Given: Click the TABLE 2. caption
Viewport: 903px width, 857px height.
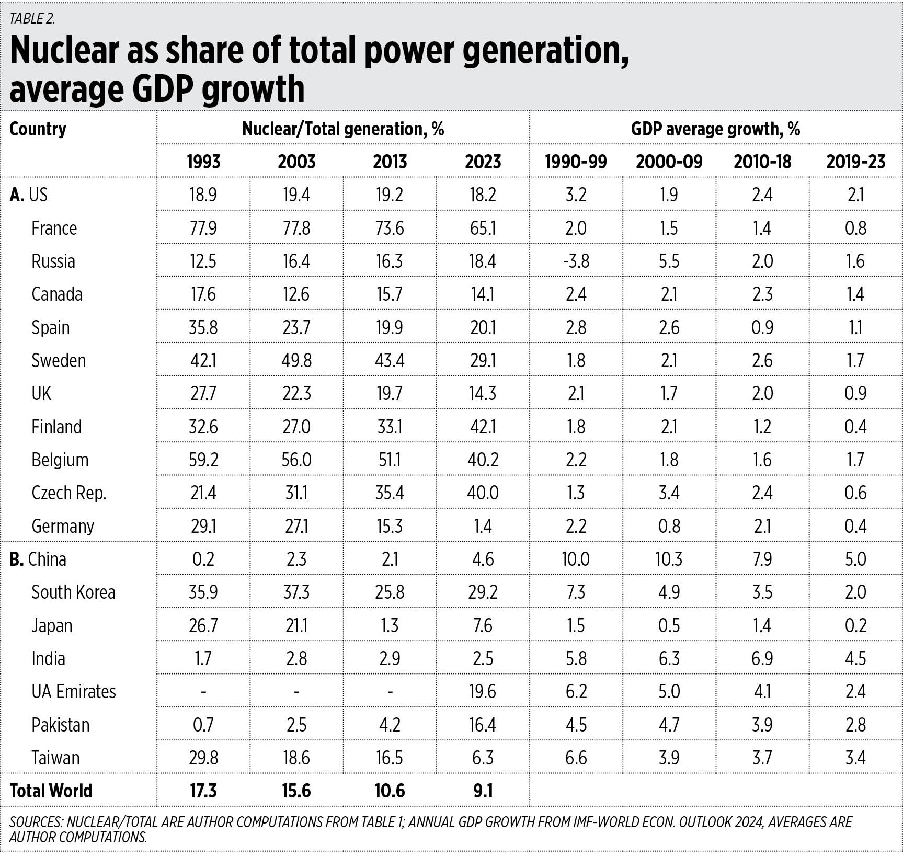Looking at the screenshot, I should (x=32, y=18).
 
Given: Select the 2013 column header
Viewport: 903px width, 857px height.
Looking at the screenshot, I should (x=390, y=162).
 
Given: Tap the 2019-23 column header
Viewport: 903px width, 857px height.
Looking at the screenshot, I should (x=855, y=162).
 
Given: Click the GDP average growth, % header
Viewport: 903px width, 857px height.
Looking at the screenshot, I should (x=715, y=129).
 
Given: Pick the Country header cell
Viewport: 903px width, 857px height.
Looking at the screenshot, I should (x=38, y=129).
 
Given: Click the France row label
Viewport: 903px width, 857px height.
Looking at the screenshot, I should (x=54, y=228).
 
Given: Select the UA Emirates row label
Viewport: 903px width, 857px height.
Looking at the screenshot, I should (x=73, y=691).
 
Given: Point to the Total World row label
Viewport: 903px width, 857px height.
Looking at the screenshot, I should (x=51, y=791).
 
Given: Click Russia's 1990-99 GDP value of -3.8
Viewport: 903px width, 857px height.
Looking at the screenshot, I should (x=576, y=261).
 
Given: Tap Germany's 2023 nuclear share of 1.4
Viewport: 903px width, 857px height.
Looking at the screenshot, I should (x=483, y=525).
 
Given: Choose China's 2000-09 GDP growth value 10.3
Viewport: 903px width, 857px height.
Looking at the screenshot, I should (x=669, y=559).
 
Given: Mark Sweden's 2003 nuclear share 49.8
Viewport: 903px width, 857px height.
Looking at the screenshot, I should (x=296, y=360).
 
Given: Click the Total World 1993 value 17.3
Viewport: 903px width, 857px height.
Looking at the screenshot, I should (x=203, y=791).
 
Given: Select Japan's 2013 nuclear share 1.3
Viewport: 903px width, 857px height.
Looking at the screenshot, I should (x=390, y=625).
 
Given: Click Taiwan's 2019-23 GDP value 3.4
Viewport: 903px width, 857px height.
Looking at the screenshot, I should (x=855, y=758).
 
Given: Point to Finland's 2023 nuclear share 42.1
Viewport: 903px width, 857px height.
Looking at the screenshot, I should (x=483, y=427).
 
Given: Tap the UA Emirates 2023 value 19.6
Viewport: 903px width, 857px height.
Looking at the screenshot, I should (x=483, y=691).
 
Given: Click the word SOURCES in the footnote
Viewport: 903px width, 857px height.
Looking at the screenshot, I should (x=35, y=822).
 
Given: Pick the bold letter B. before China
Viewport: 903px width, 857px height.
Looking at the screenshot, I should (x=17, y=559).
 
